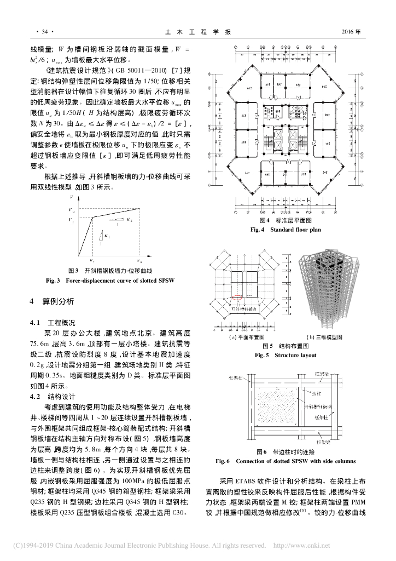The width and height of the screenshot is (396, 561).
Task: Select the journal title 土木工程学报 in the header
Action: [197, 32]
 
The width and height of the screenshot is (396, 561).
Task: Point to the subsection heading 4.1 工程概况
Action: [53, 322]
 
